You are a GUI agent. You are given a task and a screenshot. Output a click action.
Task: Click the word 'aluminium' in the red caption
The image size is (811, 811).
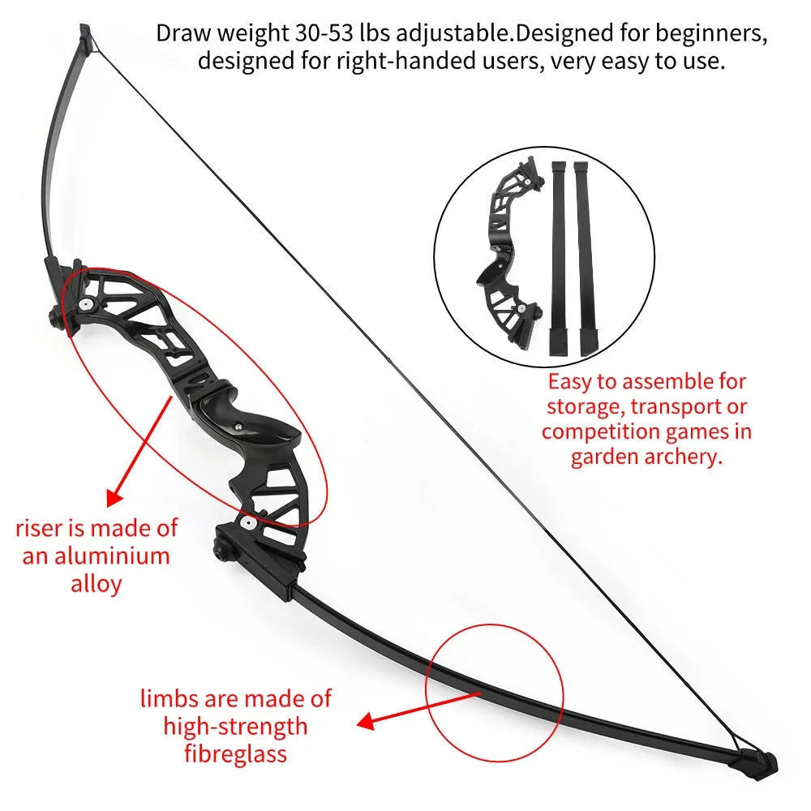111,556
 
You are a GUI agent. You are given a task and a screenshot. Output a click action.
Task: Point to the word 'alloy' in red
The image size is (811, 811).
97,585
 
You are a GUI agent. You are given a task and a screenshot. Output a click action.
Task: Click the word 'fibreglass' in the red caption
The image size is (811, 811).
235,753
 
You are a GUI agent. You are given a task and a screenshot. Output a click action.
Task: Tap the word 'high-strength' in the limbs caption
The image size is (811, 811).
235,726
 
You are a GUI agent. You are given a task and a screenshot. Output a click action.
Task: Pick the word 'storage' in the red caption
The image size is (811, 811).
586,407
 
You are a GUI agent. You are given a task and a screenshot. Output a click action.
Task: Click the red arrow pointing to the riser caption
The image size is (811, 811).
139,451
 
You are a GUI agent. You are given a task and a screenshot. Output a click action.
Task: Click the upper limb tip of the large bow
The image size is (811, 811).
85,34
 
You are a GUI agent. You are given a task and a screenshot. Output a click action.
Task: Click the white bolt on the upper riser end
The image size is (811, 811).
84,304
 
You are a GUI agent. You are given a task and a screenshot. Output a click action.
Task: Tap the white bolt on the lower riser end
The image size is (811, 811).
247,521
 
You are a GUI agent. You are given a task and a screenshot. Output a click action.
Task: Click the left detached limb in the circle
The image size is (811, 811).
559,259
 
